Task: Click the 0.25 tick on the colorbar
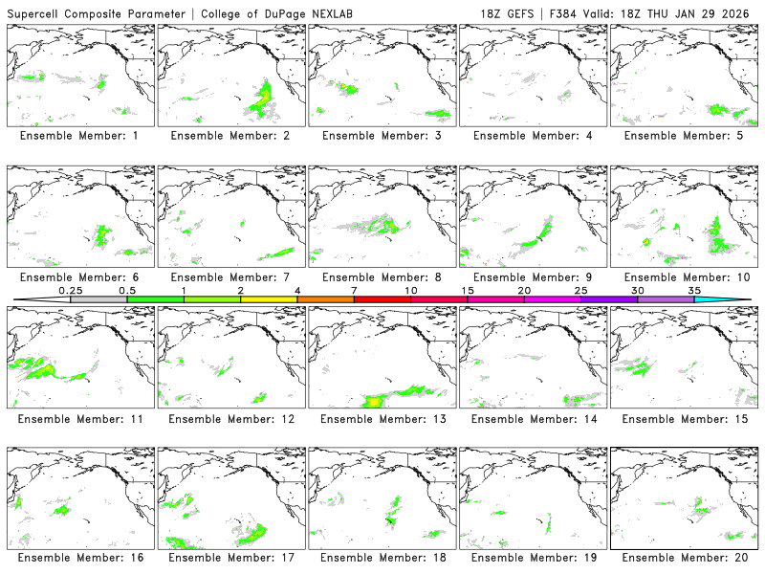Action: point(70,290)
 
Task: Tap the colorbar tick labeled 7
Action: point(354,290)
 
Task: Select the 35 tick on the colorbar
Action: point(694,290)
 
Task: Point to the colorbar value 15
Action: point(468,290)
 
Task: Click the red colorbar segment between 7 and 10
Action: point(382,299)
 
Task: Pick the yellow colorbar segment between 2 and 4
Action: point(269,299)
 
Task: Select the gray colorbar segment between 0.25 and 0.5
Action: point(98,299)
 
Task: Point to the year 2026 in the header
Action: point(738,12)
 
